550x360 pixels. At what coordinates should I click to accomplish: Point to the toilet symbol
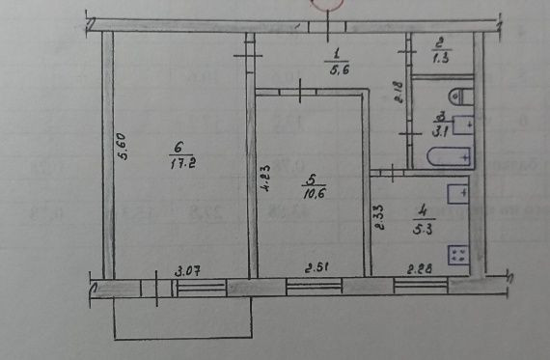[x=461, y=96]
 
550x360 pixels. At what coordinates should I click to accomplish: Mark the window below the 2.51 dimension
[x=318, y=285]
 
